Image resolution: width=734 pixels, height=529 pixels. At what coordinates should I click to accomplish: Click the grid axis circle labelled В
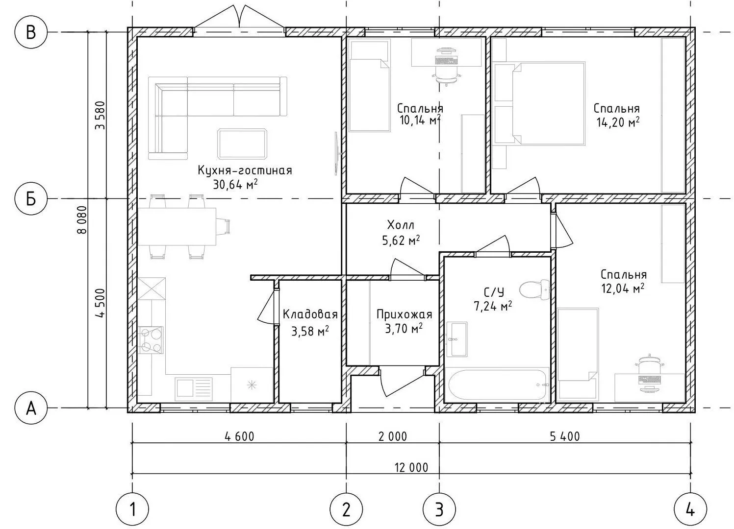click(31, 32)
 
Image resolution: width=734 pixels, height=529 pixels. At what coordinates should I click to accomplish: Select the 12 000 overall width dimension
click(411, 467)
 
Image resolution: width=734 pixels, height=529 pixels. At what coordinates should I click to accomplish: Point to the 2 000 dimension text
click(393, 436)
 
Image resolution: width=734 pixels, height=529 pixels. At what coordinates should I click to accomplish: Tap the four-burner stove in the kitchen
click(151, 340)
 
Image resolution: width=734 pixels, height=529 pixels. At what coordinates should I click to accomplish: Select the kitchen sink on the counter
click(193, 389)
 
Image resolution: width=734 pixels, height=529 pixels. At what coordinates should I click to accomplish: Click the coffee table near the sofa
click(242, 144)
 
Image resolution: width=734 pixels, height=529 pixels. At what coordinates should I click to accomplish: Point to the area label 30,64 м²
click(235, 185)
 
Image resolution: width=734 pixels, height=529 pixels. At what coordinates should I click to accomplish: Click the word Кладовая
click(310, 314)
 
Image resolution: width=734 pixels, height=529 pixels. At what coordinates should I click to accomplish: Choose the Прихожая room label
click(404, 314)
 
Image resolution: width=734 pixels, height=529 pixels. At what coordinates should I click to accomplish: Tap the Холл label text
click(401, 225)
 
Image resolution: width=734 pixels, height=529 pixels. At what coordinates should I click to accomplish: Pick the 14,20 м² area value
click(618, 122)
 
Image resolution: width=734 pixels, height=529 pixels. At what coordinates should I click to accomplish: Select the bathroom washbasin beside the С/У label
click(457, 339)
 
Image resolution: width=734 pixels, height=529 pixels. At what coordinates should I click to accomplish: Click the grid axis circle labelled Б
click(31, 198)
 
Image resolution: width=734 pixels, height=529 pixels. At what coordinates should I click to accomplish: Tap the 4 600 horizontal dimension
click(239, 436)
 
